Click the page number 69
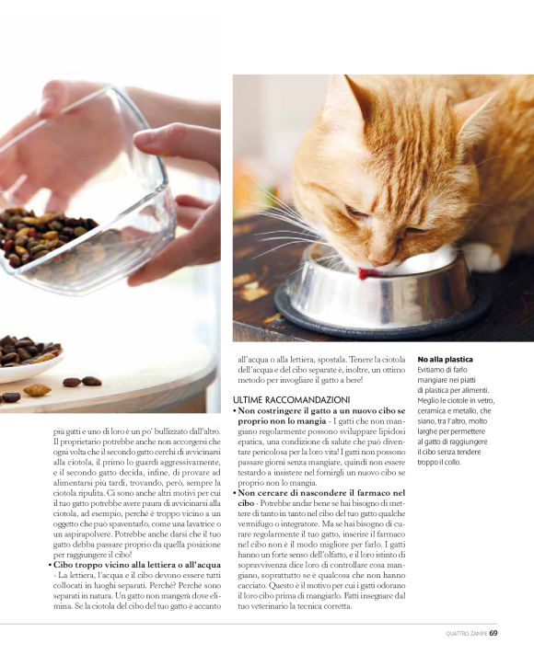(493, 633)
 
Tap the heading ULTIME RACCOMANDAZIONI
(292, 400)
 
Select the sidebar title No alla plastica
(445, 360)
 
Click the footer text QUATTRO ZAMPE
(466, 634)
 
